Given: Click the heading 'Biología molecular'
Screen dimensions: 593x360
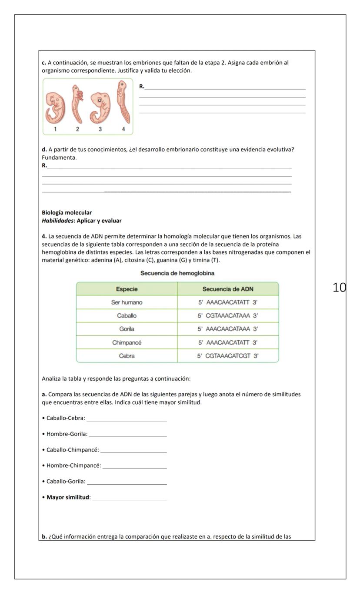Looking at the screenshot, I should [67, 213].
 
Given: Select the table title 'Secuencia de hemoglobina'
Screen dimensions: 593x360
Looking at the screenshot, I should [177, 273].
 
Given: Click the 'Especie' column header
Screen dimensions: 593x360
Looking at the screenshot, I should [127, 289].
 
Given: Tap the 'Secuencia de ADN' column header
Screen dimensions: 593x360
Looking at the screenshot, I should [228, 289].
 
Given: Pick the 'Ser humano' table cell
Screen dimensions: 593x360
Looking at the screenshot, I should [127, 302].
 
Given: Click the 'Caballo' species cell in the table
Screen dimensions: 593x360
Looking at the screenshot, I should [127, 315].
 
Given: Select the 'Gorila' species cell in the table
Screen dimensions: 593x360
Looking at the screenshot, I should [127, 329].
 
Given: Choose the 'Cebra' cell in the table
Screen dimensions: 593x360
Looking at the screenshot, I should [127, 356].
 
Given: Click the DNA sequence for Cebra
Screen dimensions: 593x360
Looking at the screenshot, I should [228, 356].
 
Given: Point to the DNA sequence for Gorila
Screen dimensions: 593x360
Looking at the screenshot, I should [228, 329].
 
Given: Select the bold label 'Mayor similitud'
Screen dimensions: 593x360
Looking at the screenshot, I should [67, 497].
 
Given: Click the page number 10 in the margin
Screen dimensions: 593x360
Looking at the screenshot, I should [339, 288].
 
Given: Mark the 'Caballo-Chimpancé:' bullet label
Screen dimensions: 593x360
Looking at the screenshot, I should [73, 450].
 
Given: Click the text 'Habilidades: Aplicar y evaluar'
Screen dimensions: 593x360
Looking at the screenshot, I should [81, 221].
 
